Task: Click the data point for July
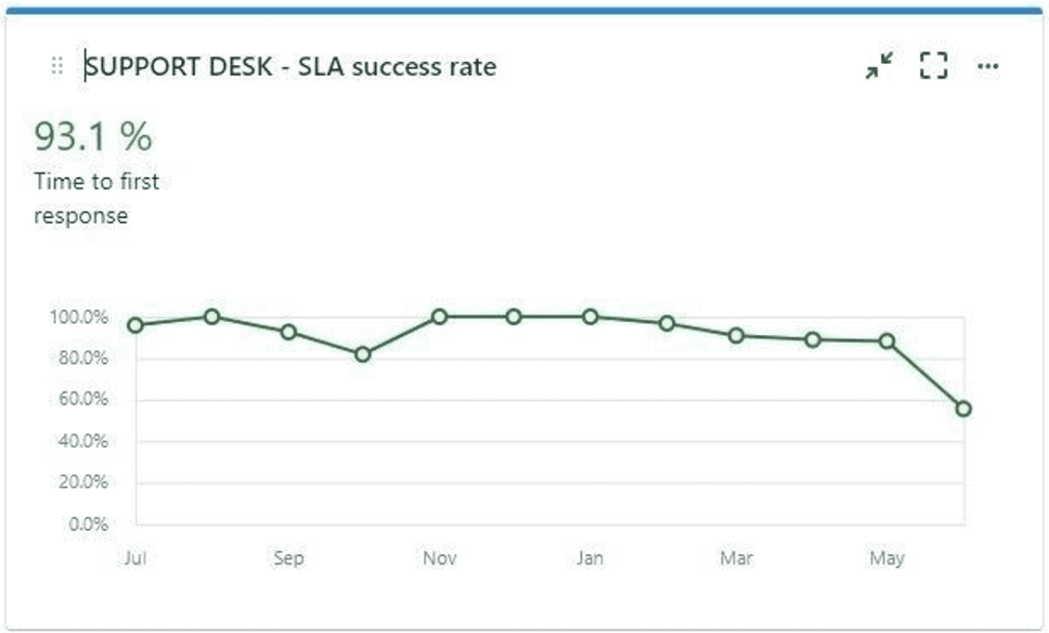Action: click(x=136, y=325)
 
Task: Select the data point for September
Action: click(x=288, y=332)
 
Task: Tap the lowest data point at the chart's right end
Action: click(x=964, y=408)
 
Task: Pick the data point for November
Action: click(x=439, y=316)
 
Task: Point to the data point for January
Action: click(x=589, y=316)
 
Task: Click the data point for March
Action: click(x=736, y=335)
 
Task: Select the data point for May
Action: click(x=887, y=341)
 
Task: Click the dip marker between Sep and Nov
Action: click(x=363, y=354)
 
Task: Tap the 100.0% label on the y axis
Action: click(x=79, y=317)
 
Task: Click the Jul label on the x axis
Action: click(x=136, y=559)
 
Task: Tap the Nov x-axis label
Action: click(x=439, y=559)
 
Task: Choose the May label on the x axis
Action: click(x=887, y=559)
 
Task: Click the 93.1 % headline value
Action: click(x=93, y=137)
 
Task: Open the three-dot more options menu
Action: click(x=988, y=66)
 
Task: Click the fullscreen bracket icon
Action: click(x=933, y=66)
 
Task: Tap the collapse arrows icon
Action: click(x=878, y=66)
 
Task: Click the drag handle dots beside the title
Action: click(x=57, y=66)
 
